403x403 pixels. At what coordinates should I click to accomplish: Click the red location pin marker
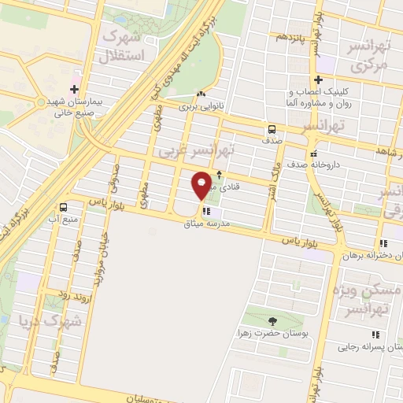click(201, 186)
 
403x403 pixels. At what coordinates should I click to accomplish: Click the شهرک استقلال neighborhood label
click(124, 45)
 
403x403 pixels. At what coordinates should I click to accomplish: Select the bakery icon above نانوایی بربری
click(202, 92)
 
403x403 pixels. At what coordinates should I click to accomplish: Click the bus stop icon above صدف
click(272, 129)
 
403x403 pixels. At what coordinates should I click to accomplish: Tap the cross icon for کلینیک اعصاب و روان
click(318, 79)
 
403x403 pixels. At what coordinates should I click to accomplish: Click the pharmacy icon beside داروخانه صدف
click(314, 153)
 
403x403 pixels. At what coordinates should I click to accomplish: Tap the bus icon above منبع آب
click(62, 207)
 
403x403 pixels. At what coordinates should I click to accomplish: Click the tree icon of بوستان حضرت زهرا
click(272, 320)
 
